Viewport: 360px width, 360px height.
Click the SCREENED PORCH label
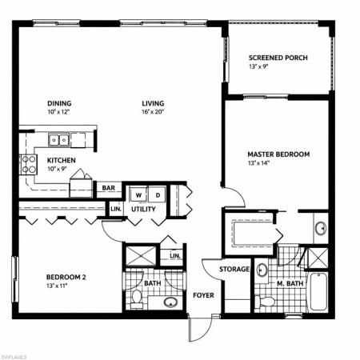[278, 58]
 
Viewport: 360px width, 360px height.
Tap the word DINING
[58, 103]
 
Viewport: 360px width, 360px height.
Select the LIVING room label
[153, 103]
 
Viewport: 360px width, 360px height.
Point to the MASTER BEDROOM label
[278, 154]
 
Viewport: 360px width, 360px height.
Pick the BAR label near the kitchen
[106, 190]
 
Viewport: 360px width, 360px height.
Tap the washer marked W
[138, 194]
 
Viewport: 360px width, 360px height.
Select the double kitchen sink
[58, 141]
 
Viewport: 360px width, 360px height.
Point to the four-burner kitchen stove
[28, 165]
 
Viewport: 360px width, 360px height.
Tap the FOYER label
[203, 295]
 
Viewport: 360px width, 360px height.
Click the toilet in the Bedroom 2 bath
[138, 300]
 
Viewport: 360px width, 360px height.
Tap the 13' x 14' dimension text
[258, 164]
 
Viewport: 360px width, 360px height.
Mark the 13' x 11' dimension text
[57, 287]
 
